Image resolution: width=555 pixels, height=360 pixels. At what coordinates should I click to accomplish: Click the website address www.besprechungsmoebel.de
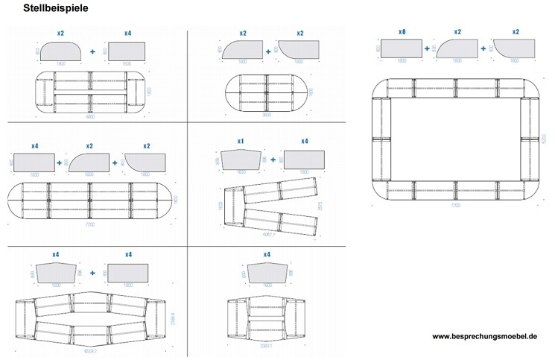[484, 337]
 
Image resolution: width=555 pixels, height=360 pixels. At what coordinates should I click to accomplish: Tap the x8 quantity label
[402, 32]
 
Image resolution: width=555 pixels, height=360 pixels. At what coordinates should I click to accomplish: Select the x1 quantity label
[240, 142]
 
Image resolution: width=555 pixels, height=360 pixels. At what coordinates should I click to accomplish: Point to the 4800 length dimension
[89, 117]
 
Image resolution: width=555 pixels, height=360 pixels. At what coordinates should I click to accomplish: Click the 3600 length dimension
[265, 116]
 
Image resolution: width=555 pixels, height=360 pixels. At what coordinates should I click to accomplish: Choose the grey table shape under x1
[241, 159]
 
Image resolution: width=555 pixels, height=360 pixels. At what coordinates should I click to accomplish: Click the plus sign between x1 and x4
[273, 159]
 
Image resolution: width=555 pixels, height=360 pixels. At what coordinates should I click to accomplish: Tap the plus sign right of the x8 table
[428, 48]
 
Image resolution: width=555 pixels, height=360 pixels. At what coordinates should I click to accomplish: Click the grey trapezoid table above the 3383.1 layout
[265, 273]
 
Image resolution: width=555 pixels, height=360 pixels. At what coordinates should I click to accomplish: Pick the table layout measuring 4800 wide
[89, 92]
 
